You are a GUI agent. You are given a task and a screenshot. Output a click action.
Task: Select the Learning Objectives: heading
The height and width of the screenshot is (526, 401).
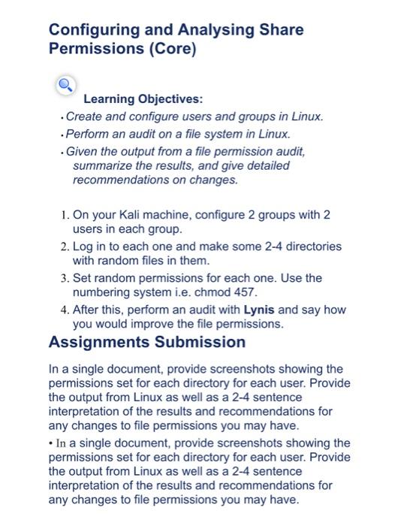pyautogui.click(x=143, y=99)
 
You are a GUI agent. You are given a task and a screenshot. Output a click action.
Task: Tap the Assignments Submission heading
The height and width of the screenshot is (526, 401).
pyautogui.click(x=147, y=343)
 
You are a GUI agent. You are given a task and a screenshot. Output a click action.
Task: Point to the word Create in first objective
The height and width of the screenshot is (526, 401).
pyautogui.click(x=84, y=116)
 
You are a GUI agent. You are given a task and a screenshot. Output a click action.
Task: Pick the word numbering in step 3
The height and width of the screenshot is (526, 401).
pyautogui.click(x=102, y=293)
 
